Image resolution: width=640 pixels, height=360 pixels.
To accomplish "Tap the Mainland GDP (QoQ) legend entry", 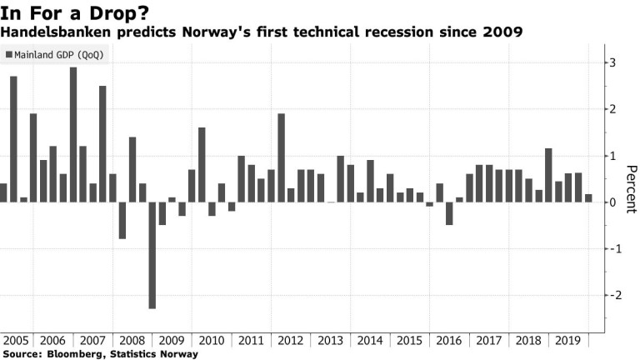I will click(57, 55).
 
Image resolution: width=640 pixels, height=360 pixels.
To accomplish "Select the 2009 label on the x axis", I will click(172, 341).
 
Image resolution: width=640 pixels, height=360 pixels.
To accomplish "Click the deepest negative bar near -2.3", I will click(152, 255).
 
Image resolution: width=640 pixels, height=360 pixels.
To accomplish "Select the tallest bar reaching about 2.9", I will click(73, 134).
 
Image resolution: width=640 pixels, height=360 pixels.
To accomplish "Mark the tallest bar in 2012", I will click(281, 157).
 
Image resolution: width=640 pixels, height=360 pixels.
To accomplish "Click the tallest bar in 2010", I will click(202, 164).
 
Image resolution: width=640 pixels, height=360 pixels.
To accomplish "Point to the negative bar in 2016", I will click(449, 213).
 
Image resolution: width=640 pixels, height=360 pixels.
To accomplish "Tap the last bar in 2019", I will click(588, 197).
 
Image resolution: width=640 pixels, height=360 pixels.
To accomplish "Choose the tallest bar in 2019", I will click(548, 175).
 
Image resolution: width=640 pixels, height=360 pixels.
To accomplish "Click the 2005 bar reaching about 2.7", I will click(13, 139).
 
